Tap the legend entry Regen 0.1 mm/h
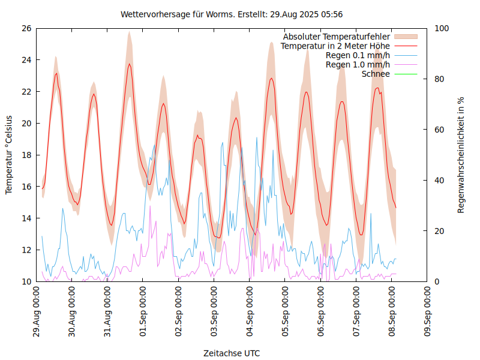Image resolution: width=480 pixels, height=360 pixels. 358,55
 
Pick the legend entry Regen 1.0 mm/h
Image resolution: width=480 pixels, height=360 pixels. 358,65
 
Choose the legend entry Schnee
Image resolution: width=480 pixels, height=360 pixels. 376,74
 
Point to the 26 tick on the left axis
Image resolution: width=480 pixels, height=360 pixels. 26,28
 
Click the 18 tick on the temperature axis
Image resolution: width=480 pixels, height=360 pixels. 26,155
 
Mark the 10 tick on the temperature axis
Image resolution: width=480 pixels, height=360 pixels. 26,281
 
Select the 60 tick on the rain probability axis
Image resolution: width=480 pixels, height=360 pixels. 440,130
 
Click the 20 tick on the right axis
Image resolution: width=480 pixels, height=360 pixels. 440,231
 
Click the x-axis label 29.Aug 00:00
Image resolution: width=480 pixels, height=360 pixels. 37,314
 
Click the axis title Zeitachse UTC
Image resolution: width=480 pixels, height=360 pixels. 232,353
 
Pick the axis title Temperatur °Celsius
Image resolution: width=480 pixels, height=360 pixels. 9,155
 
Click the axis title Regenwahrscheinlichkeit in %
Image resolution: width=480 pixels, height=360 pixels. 461,155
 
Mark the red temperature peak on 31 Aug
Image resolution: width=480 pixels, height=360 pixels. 129,64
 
